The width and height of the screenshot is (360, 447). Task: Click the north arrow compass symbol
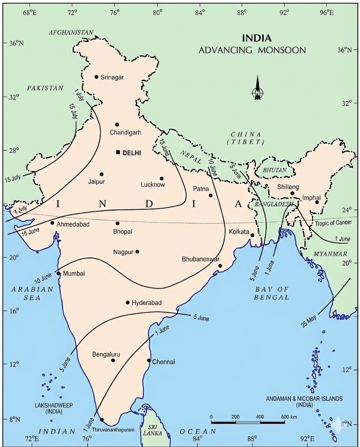click(x=257, y=89)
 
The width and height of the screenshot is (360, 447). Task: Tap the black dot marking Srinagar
click(x=96, y=77)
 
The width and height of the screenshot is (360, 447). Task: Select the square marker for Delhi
click(x=118, y=152)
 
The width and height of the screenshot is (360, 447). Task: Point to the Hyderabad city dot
click(x=128, y=303)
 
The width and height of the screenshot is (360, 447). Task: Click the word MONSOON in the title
click(x=278, y=50)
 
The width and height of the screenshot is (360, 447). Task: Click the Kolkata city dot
click(x=252, y=235)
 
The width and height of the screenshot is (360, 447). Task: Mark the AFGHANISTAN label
click(x=72, y=32)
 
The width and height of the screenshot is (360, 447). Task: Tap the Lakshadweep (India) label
click(x=53, y=409)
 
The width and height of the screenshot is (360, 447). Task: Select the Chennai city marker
click(x=149, y=361)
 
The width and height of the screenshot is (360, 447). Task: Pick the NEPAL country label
click(x=191, y=160)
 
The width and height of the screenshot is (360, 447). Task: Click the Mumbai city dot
click(x=59, y=274)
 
